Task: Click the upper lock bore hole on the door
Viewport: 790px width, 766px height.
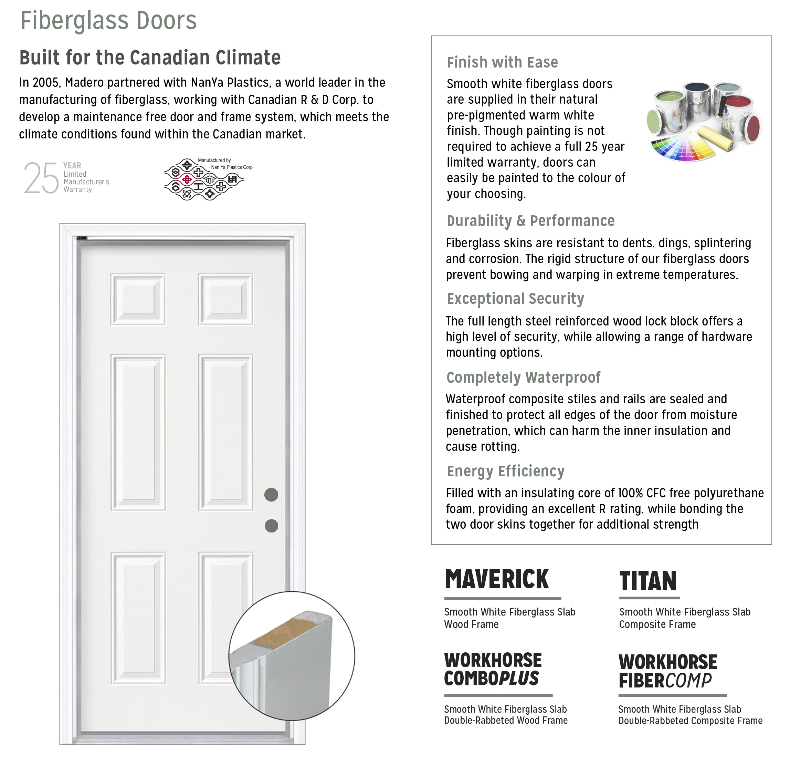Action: pos(271,495)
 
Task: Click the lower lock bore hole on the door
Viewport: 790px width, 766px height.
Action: pos(271,526)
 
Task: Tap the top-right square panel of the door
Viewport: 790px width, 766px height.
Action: pos(226,299)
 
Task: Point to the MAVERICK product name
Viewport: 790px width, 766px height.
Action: pos(497,579)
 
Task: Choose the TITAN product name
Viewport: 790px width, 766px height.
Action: pos(648,581)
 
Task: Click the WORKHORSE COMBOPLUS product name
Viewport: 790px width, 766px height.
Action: pos(493,670)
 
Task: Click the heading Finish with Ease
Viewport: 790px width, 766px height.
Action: pos(502,63)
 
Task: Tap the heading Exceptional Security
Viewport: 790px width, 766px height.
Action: pos(515,299)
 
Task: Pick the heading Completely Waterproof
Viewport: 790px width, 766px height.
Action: pos(523,377)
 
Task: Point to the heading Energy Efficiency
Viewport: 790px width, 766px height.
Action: pos(505,471)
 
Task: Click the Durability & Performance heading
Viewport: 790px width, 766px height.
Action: pos(530,221)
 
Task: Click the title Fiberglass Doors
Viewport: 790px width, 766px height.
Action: pos(108,21)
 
